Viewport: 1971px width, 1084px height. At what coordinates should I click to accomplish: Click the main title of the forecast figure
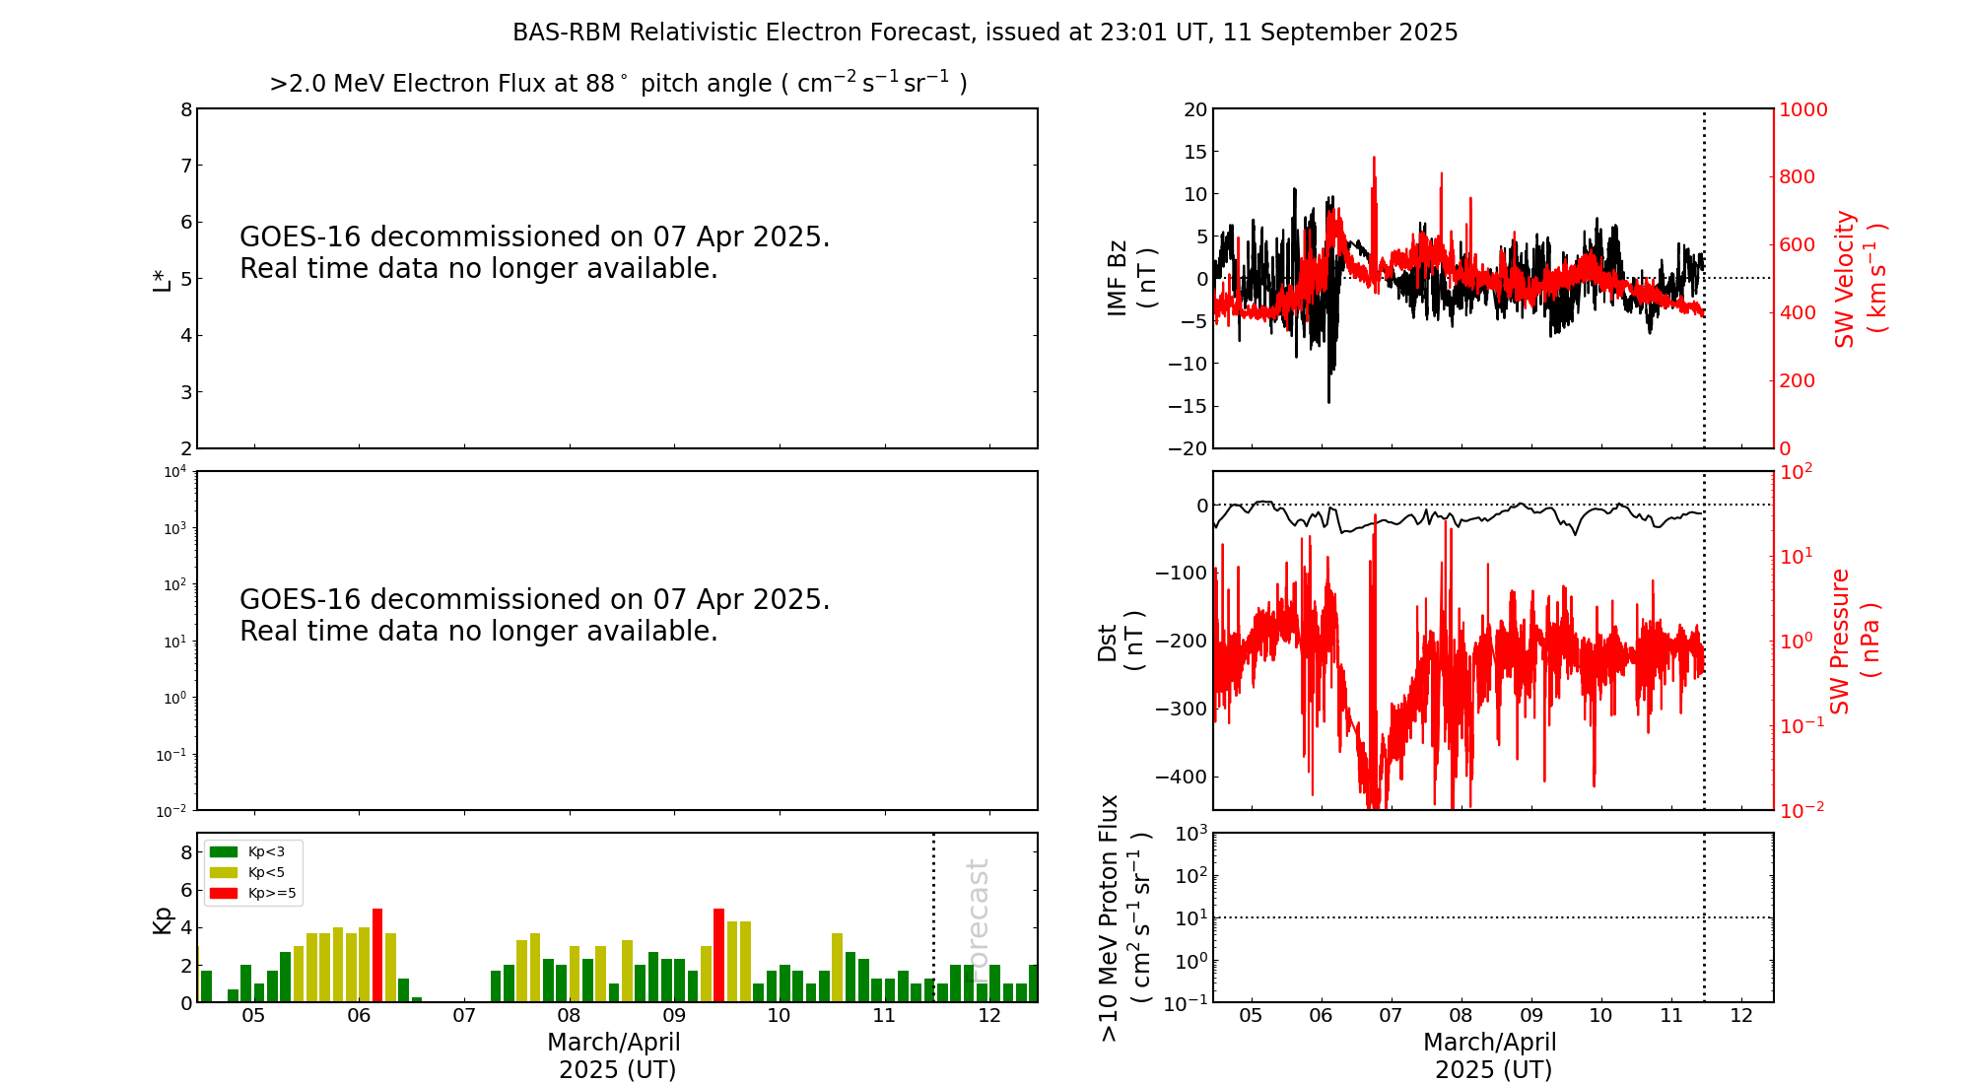pos(985,33)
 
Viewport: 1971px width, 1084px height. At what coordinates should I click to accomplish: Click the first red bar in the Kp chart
pos(377,954)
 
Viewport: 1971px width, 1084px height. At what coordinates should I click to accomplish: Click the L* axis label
pos(162,279)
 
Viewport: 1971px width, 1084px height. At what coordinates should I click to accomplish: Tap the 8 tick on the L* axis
pos(185,109)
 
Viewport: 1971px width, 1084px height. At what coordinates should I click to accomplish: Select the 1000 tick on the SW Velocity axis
pos(1802,109)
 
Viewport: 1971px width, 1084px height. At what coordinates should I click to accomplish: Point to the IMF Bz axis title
pos(1131,279)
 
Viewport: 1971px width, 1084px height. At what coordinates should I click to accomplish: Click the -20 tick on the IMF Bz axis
pos(1188,448)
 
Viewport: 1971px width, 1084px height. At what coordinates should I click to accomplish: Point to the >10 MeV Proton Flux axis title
pos(1124,917)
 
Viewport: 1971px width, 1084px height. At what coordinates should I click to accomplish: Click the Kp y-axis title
pos(162,919)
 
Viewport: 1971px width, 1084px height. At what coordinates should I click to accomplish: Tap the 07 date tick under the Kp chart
pos(463,1016)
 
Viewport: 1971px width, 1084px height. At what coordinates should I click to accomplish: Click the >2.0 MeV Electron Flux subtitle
pos(618,84)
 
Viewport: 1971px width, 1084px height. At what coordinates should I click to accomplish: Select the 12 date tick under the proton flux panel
pos(1741,1016)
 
